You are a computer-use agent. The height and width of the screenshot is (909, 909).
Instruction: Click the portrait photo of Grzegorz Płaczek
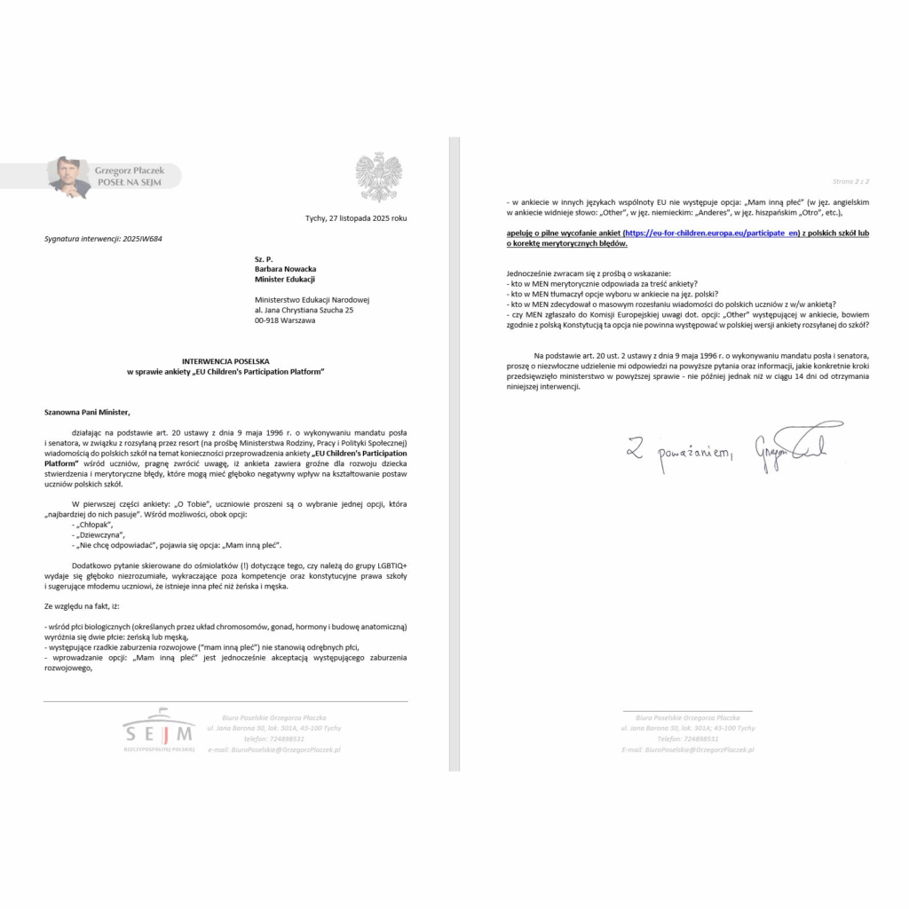point(68,177)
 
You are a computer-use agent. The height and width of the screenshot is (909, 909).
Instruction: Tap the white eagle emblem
point(378,178)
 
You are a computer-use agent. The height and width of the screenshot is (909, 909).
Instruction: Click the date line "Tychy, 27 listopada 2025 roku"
point(356,217)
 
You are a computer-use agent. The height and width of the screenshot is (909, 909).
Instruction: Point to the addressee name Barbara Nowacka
point(285,269)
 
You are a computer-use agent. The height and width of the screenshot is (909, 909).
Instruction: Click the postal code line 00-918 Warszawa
point(284,320)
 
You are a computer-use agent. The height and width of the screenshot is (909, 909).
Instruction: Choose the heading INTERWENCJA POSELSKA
point(225,361)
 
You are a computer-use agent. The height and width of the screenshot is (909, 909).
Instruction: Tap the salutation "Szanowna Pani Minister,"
point(87,412)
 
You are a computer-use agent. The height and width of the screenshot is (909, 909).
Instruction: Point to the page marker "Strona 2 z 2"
point(850,181)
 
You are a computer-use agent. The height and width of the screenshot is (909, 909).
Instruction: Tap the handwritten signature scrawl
point(798,441)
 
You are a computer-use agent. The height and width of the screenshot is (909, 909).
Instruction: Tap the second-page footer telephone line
point(688,739)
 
